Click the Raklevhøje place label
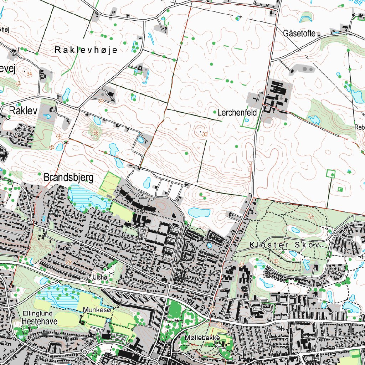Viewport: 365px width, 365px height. tap(86, 50)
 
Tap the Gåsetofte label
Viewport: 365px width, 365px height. tap(299, 34)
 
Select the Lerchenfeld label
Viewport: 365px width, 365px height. tap(237, 113)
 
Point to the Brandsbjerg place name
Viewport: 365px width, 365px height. tap(68, 178)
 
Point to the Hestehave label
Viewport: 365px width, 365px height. tap(37, 321)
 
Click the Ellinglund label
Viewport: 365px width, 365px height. tap(37, 313)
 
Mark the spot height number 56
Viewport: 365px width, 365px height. tap(95, 133)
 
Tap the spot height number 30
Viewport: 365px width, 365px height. tap(204, 134)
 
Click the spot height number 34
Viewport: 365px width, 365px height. tap(29, 74)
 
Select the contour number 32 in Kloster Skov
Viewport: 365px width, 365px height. tap(276, 261)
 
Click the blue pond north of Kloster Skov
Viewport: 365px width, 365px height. tap(199, 212)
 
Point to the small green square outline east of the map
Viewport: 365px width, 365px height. tap(331, 174)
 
